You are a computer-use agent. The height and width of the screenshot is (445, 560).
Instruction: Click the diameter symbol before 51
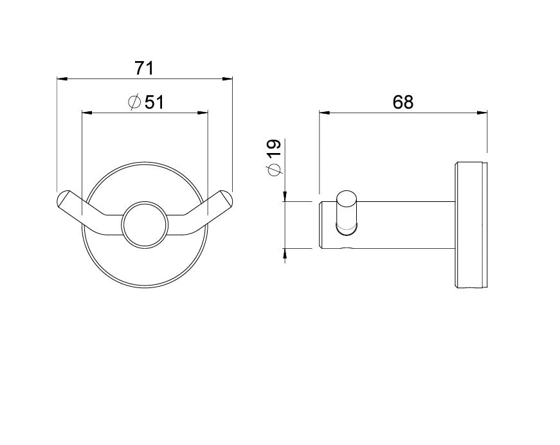click(134, 102)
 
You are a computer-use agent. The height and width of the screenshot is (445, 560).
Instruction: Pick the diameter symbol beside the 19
click(275, 170)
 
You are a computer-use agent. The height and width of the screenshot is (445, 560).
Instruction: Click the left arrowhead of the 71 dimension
click(62, 79)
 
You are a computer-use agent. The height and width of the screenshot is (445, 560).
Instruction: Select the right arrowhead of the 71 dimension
click(227, 79)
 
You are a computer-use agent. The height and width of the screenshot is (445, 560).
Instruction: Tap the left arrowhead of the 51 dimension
click(86, 113)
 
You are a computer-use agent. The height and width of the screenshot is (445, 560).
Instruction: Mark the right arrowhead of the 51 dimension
click(203, 113)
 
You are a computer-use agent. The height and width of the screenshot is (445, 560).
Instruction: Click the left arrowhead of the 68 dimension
click(325, 113)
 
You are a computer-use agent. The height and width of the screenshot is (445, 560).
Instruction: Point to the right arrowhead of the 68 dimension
click(481, 113)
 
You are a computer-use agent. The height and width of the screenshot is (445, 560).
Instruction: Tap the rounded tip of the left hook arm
click(62, 197)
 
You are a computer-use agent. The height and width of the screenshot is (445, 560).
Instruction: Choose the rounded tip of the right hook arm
click(227, 197)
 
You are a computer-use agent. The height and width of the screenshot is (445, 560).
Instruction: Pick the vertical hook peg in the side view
click(347, 210)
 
